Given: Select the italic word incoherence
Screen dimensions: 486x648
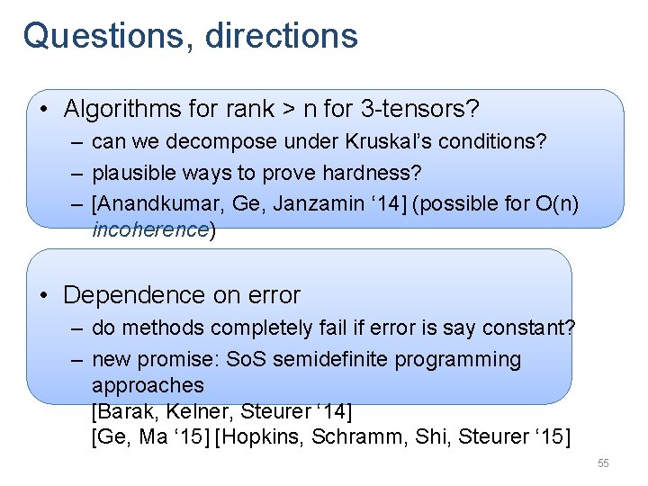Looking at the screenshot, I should (150, 229).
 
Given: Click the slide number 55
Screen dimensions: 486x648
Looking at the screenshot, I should (603, 463).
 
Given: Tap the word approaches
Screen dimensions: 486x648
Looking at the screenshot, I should (148, 385).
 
